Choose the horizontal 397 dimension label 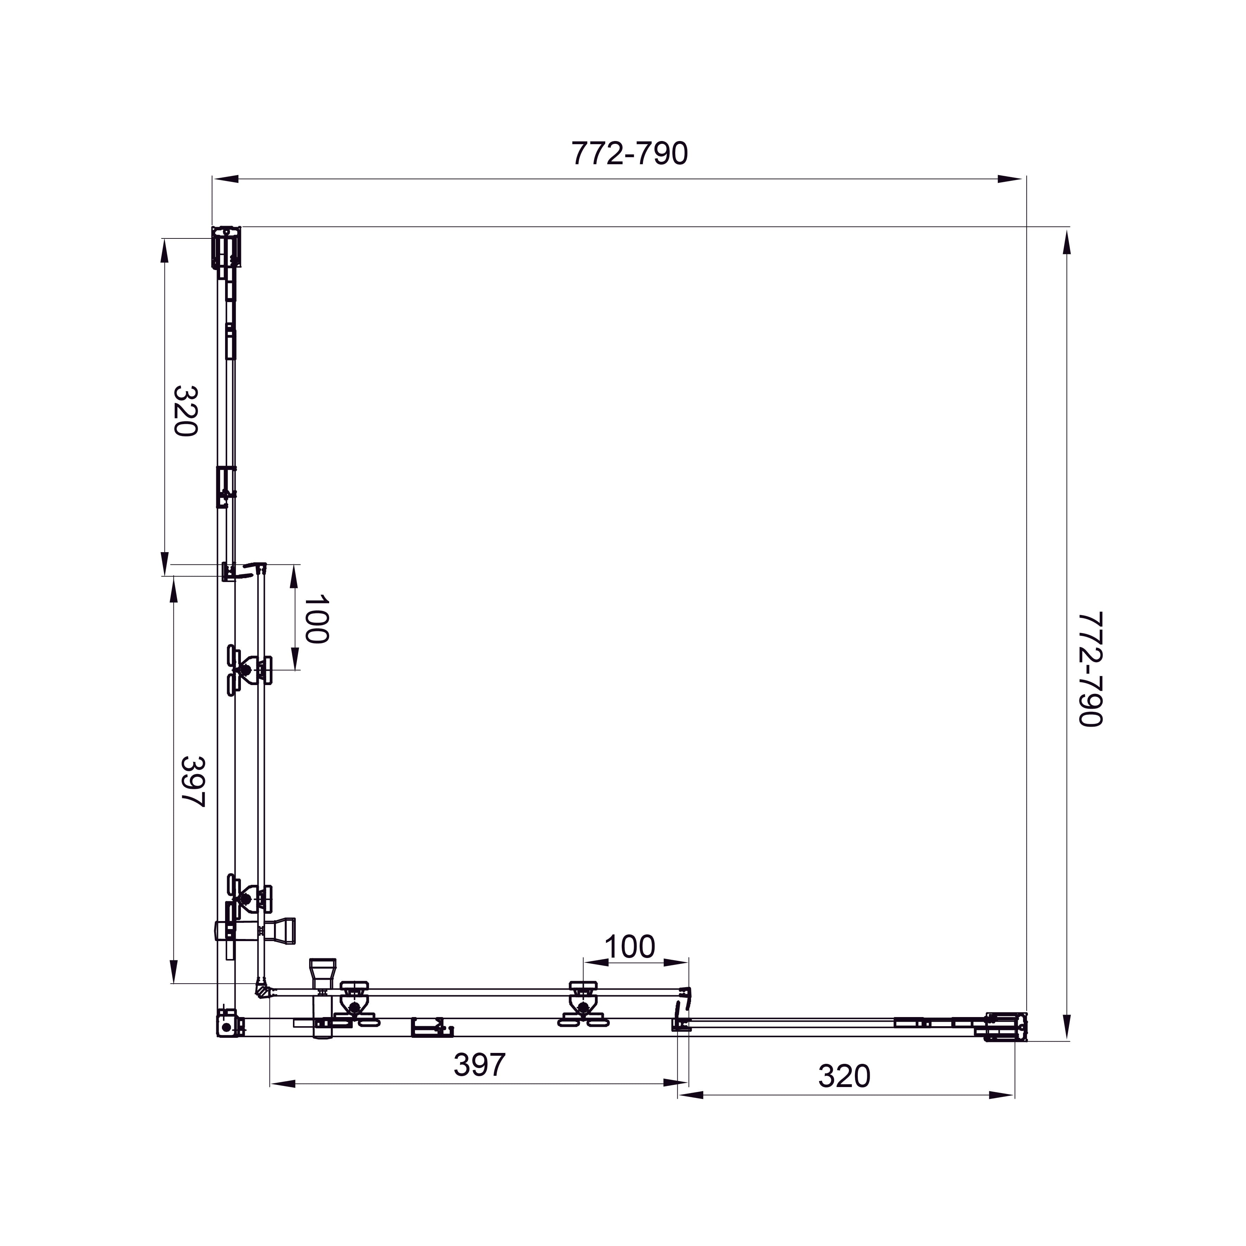click(479, 1065)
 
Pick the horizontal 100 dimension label click(630, 947)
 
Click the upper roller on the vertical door click(248, 671)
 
